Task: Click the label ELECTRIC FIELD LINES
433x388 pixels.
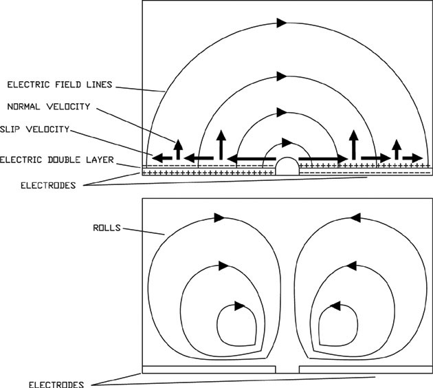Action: (x=59, y=85)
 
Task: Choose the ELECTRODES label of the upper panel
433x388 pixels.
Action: (x=58, y=185)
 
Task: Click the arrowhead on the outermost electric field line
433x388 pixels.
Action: (x=281, y=23)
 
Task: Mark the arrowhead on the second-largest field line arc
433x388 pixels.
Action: (x=281, y=75)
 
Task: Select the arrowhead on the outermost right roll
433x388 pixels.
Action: (x=355, y=217)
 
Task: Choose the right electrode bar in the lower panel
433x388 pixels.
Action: (x=365, y=369)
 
